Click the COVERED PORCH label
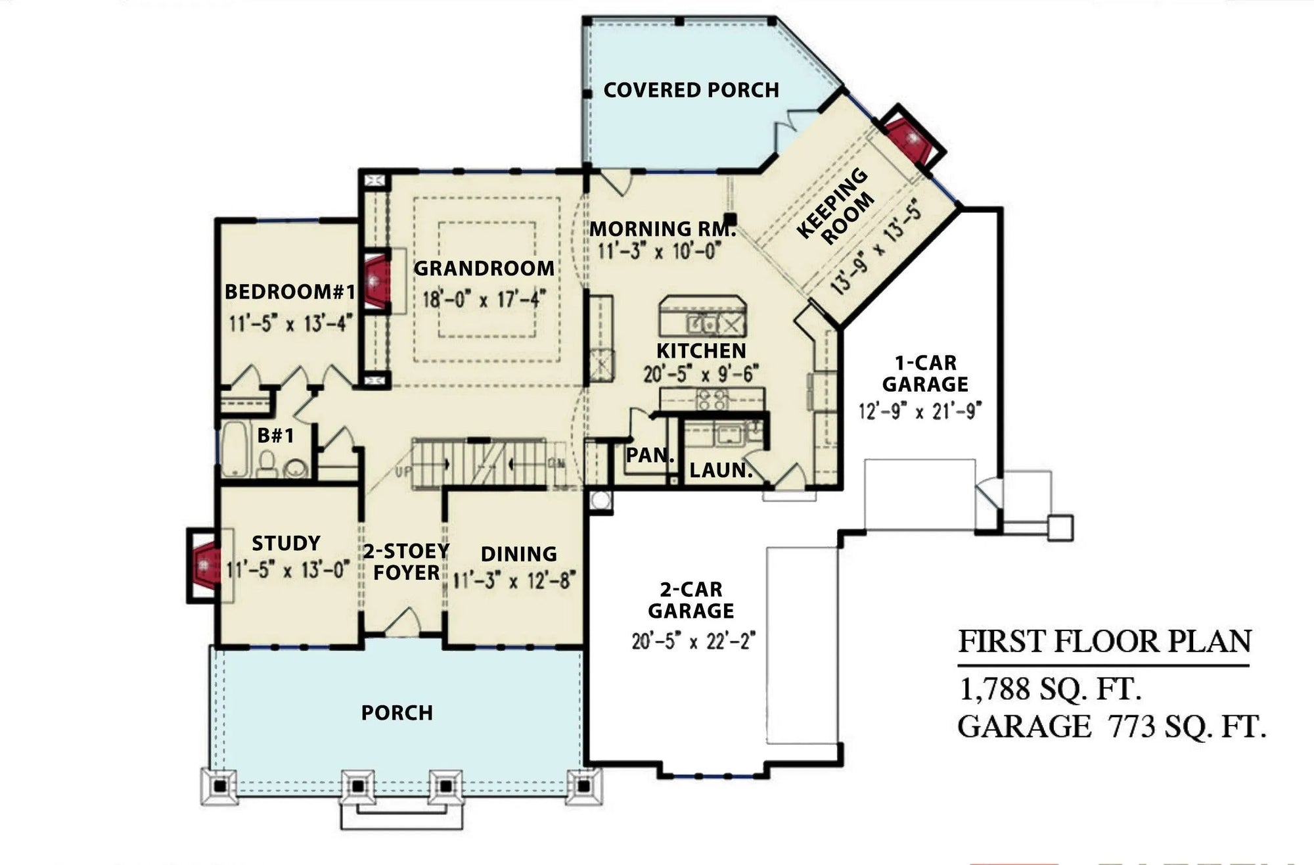(691, 90)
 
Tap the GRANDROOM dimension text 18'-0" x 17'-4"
(484, 300)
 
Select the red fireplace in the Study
(206, 563)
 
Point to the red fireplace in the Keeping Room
(912, 138)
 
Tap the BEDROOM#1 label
(290, 292)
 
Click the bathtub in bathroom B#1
(233, 450)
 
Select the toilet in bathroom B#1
(267, 465)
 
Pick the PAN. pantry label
(650, 455)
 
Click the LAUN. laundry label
(721, 470)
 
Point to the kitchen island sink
(703, 323)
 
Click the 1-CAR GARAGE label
(925, 373)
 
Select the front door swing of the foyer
(403, 622)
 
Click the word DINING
(519, 554)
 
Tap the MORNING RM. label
(662, 229)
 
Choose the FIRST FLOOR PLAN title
(1105, 642)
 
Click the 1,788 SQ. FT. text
(1050, 689)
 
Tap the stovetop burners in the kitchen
(712, 399)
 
